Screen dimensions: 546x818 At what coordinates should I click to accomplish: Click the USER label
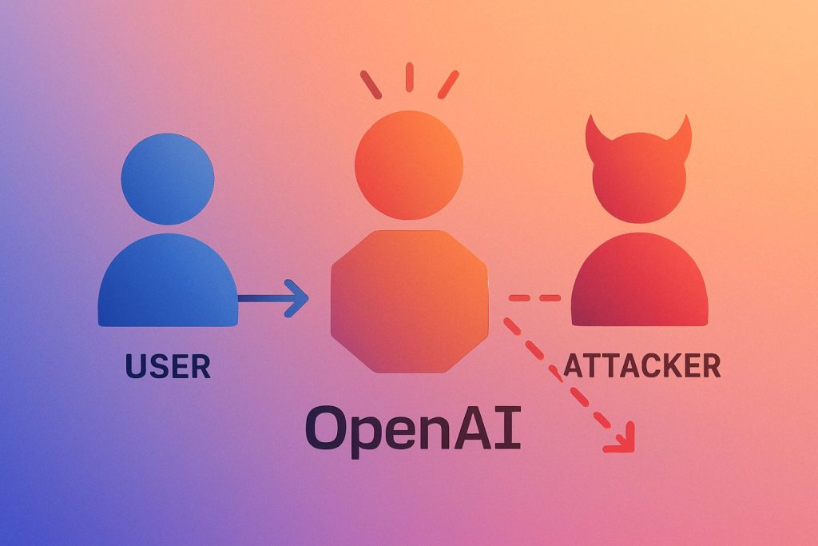coord(168,366)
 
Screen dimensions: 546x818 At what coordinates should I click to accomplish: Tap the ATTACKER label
coord(641,365)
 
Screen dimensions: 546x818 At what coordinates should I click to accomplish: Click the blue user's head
coord(168,178)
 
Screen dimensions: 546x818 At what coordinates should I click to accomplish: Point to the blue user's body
coord(168,284)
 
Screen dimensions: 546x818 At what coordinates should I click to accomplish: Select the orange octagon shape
coord(409,301)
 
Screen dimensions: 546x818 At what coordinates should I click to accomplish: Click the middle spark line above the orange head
coord(409,77)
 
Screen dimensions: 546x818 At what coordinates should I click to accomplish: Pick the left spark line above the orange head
coord(371,84)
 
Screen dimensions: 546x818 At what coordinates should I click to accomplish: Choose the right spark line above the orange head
coord(448,84)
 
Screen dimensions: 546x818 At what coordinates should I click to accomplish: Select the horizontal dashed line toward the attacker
coord(535,298)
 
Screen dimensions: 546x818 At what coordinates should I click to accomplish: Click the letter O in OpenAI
coord(330,429)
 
